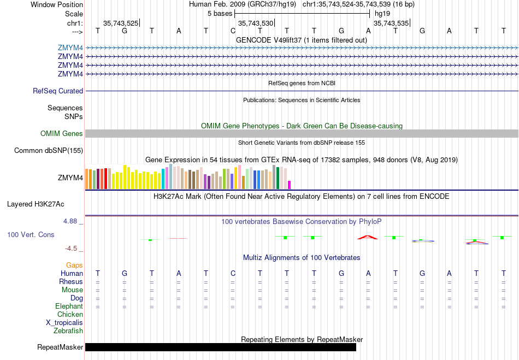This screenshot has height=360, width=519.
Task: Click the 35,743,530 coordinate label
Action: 256,23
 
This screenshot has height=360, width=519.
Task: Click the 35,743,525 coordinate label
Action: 121,23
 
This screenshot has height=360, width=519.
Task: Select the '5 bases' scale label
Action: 220,14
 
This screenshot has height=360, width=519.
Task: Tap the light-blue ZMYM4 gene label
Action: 70,48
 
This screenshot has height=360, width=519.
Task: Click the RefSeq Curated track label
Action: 58,91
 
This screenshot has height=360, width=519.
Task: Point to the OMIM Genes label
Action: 62,133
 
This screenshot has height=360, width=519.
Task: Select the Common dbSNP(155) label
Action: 48,151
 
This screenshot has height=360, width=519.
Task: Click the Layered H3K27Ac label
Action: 36,204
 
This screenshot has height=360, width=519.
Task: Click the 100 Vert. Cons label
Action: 31,234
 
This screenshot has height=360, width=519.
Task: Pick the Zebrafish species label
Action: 68,331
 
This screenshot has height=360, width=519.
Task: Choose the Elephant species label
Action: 69,306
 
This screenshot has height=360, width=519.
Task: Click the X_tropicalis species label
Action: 64,323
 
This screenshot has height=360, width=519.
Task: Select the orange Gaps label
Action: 74,265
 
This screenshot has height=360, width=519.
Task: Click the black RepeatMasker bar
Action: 221,347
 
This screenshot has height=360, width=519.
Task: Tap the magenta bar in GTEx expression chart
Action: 290,185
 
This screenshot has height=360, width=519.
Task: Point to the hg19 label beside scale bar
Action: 382,14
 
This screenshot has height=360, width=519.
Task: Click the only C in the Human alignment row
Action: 233,273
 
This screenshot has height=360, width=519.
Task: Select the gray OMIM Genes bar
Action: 302,133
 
